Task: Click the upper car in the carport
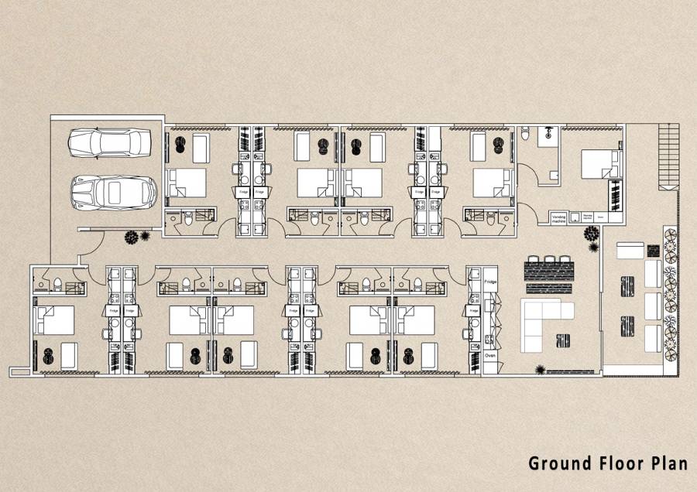click(109, 142)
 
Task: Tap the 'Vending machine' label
click(559, 217)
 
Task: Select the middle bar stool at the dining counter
click(551, 261)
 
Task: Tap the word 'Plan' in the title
click(668, 463)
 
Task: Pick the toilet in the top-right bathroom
click(526, 135)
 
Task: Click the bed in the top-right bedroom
click(602, 164)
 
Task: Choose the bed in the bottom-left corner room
click(53, 319)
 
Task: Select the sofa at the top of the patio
click(630, 250)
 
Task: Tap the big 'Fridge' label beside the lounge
click(490, 283)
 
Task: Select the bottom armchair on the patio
click(653, 338)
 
